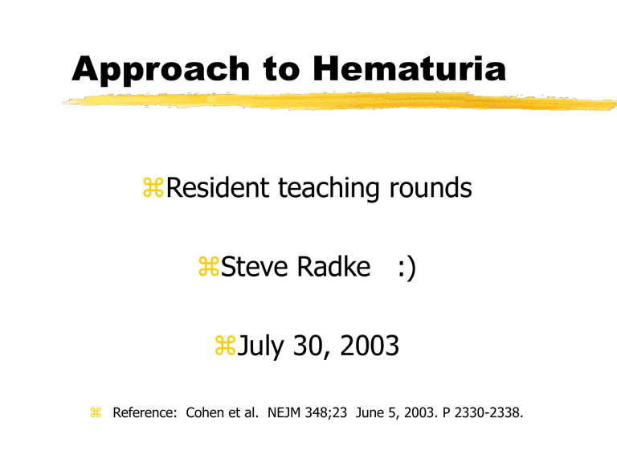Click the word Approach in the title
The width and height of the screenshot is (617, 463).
tap(161, 70)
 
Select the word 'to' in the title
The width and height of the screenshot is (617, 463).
tap(282, 69)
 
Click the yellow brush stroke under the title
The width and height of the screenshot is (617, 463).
tap(340, 101)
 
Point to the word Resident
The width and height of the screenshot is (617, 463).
tap(218, 187)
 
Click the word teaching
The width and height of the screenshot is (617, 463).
tap(329, 189)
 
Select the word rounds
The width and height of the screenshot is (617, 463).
tap(431, 188)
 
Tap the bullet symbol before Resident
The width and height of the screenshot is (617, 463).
tap(153, 187)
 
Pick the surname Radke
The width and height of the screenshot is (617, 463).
tap(333, 267)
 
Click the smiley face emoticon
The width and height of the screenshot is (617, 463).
tap(407, 268)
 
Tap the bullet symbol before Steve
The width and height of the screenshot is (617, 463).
tap(209, 266)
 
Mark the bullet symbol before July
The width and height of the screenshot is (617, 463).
tap(225, 346)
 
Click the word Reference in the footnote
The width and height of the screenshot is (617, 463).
tap(145, 412)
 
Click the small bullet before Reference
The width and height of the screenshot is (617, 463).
tap(96, 412)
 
